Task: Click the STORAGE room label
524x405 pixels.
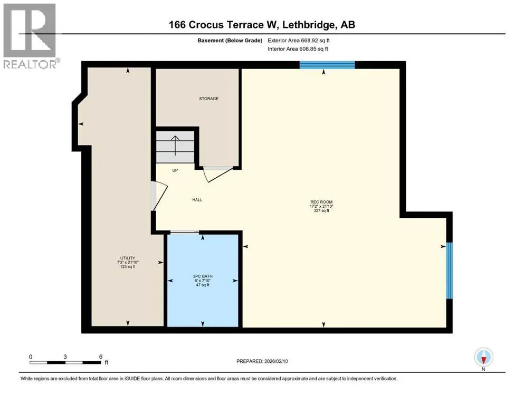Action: click(x=208, y=99)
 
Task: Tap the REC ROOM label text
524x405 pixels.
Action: click(x=321, y=202)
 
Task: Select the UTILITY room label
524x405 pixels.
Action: click(x=128, y=258)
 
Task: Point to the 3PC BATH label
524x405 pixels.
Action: click(x=203, y=276)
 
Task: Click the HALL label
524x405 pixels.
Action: click(x=197, y=200)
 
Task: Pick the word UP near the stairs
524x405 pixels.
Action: click(x=175, y=170)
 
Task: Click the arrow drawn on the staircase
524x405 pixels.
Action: click(x=175, y=146)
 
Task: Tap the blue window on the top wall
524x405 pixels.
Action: click(x=327, y=65)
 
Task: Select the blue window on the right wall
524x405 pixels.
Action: click(x=450, y=271)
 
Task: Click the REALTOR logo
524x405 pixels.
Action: click(x=31, y=36)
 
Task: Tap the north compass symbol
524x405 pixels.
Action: click(x=483, y=358)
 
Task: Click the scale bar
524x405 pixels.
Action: click(x=65, y=363)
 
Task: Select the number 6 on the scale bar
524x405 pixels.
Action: click(x=101, y=356)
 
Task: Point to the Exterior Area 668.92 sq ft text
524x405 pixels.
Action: click(x=299, y=41)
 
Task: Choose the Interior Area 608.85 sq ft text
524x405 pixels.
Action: click(x=298, y=49)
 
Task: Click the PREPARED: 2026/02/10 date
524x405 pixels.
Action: click(x=262, y=361)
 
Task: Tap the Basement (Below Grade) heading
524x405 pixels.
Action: click(x=230, y=41)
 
